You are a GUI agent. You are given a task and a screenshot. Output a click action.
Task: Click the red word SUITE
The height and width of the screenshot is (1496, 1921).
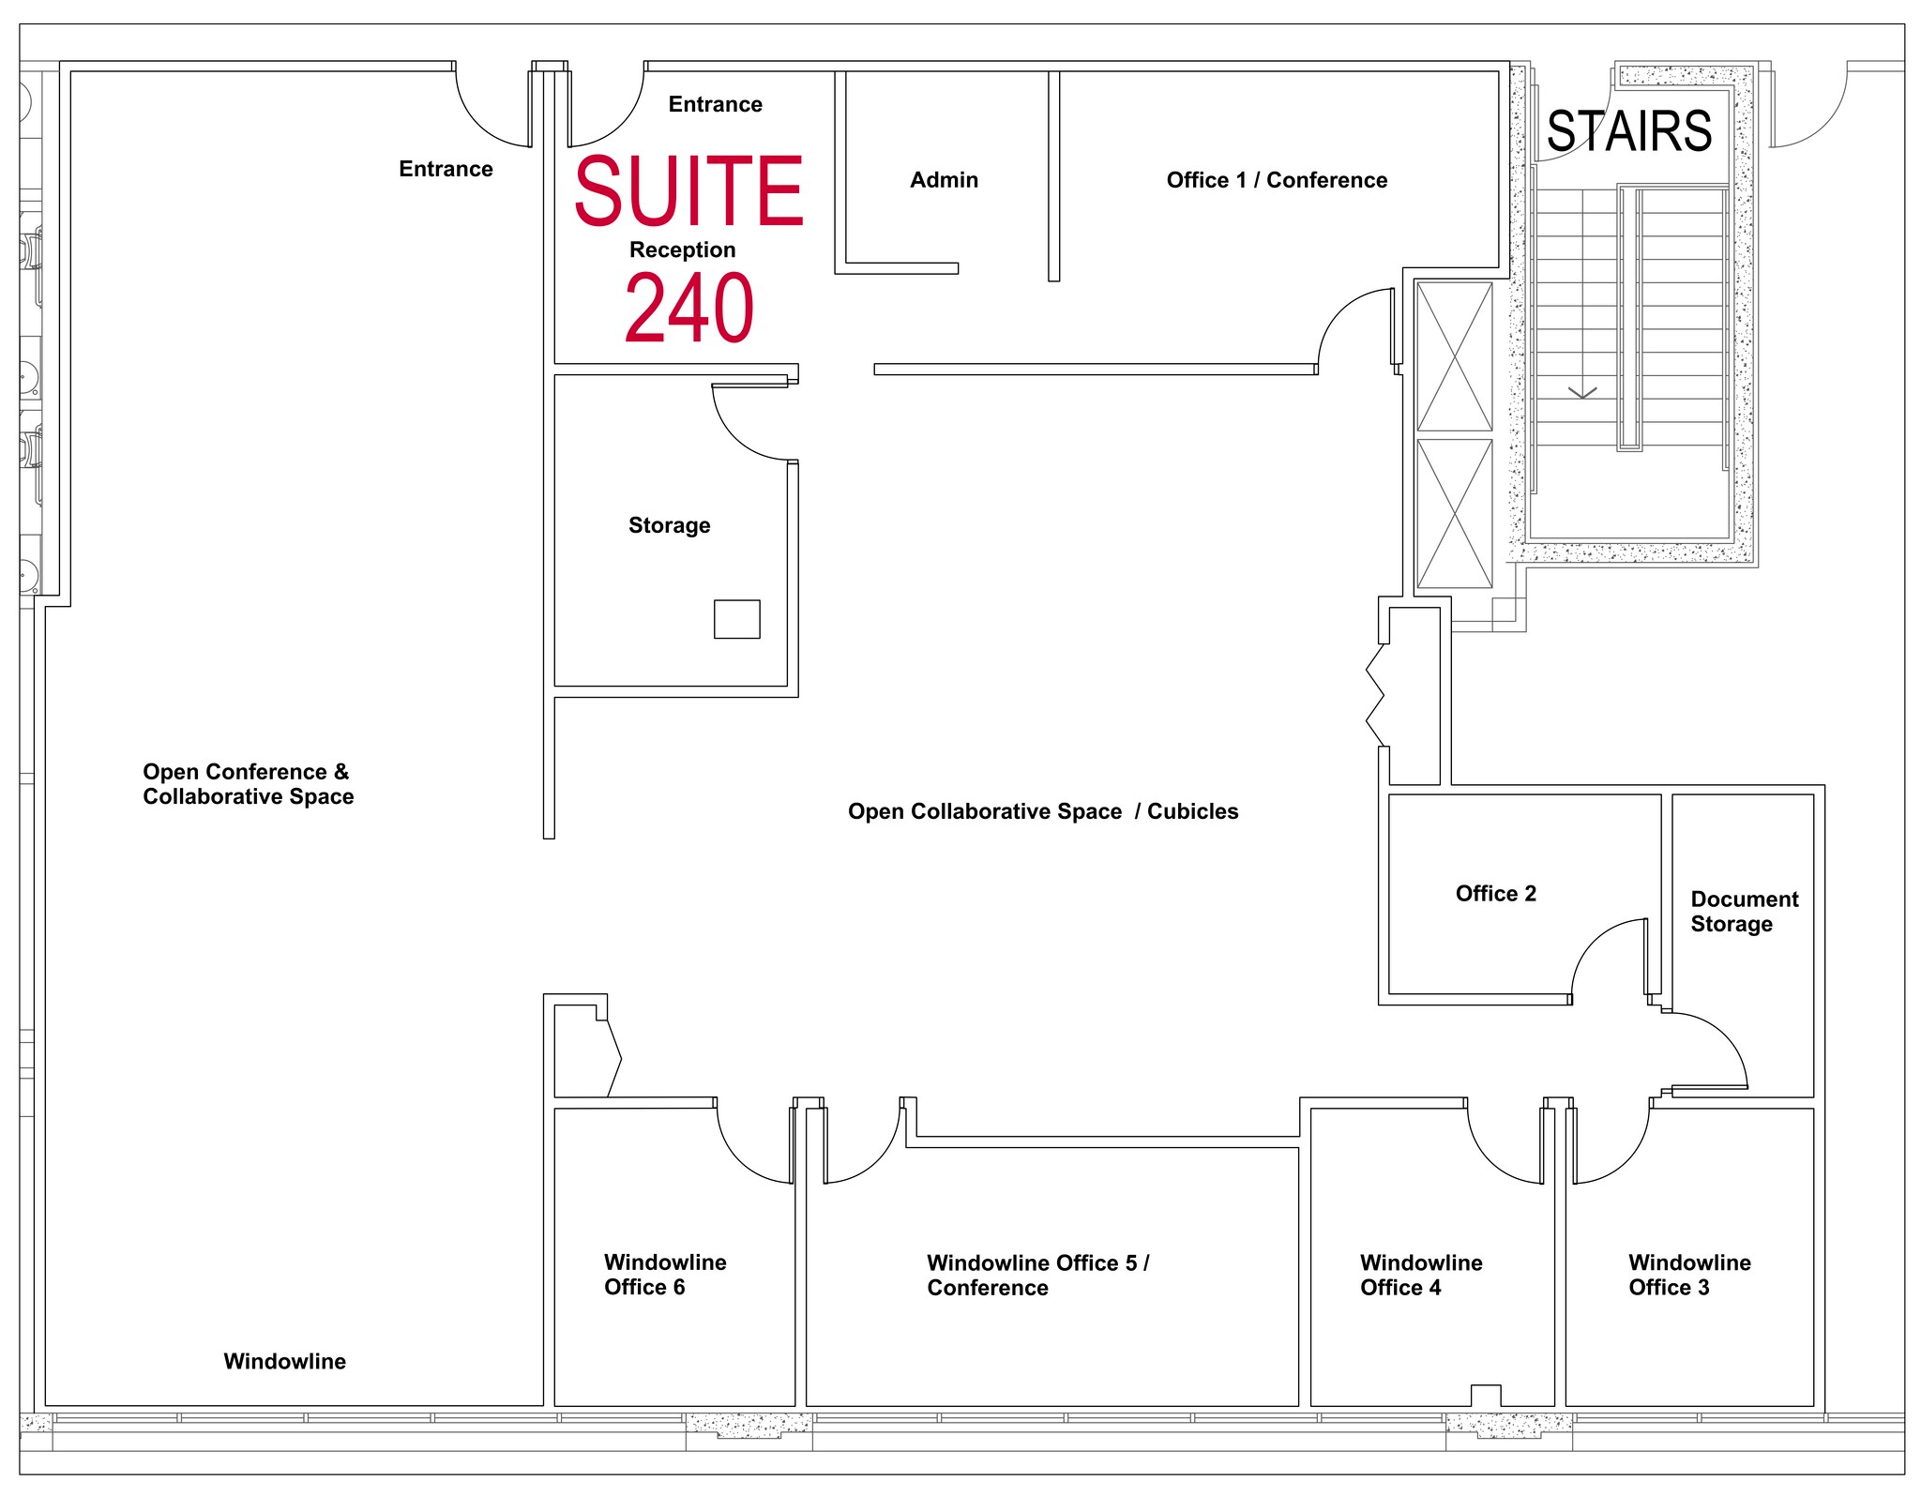click(688, 191)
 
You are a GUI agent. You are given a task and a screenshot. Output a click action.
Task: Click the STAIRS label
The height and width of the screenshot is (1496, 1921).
click(1629, 131)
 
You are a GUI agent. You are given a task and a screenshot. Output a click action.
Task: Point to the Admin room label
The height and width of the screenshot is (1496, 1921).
click(944, 180)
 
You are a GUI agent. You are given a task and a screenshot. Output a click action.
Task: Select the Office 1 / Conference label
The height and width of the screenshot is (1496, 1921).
click(1277, 180)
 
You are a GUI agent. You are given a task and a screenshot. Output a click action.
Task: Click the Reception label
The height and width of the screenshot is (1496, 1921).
click(682, 249)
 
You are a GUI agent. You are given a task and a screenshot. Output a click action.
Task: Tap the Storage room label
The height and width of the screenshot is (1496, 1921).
click(669, 525)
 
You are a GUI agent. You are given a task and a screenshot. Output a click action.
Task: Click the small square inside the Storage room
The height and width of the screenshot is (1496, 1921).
click(737, 619)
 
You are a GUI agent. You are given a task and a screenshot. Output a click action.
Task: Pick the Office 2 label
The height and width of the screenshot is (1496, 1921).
click(1496, 893)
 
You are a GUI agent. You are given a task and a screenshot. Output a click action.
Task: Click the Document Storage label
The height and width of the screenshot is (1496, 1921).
click(1745, 912)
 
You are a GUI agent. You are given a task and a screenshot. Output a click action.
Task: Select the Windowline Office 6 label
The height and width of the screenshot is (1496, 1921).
click(665, 1275)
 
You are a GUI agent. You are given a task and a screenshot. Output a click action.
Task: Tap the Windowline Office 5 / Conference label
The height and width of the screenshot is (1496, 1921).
click(1038, 1276)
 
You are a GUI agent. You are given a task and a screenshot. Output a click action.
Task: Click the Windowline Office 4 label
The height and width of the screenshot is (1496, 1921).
click(1421, 1275)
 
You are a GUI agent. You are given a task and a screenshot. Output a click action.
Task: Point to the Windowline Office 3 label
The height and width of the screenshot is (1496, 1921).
click(1689, 1275)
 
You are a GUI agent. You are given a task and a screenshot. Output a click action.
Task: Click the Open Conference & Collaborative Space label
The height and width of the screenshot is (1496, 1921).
click(249, 784)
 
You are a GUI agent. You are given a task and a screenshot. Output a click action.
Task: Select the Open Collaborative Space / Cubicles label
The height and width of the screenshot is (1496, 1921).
click(1043, 811)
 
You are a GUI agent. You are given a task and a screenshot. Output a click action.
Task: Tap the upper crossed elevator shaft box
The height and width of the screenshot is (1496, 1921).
click(1454, 356)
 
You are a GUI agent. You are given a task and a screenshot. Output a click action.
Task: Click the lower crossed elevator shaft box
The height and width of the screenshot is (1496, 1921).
click(1454, 513)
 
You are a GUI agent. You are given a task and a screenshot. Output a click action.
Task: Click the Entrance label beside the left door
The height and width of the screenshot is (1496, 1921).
click(446, 169)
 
